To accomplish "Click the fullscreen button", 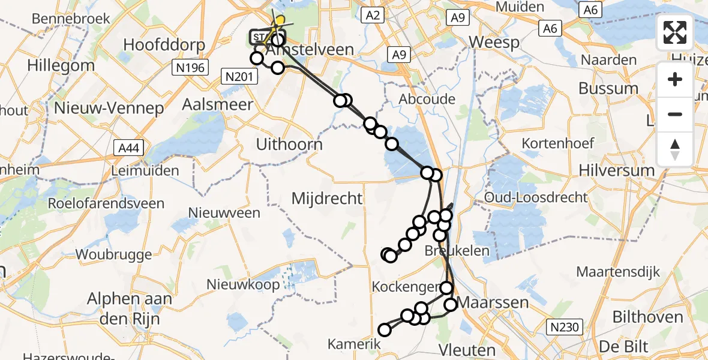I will click(675, 32).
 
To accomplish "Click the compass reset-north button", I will click(675, 149).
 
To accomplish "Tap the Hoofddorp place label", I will click(164, 45).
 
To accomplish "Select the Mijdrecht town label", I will click(327, 198).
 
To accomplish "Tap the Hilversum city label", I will click(617, 170).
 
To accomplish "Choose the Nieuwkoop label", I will click(243, 284).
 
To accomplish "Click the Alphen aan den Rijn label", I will click(130, 308).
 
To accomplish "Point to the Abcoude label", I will click(427, 99).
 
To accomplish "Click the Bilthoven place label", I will click(648, 317).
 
